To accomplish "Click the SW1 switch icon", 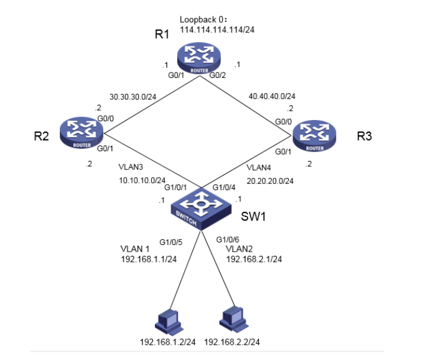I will pyautogui.click(x=199, y=210).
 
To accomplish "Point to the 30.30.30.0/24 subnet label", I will pyautogui.click(x=132, y=97).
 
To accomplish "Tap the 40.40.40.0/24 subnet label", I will pyautogui.click(x=272, y=96).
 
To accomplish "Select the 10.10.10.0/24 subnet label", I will pyautogui.click(x=141, y=180).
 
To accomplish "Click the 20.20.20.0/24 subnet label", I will pyautogui.click(x=271, y=180).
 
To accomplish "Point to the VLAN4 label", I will pyautogui.click(x=260, y=167).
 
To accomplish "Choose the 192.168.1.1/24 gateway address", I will pyautogui.click(x=151, y=259).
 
